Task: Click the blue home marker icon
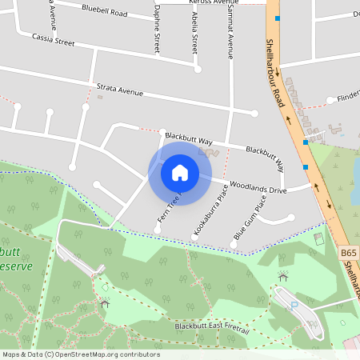pos(179,172)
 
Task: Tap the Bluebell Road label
pos(104,12)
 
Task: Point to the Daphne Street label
pos(157,30)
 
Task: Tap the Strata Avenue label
pos(119,89)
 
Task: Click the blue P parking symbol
pos(293,305)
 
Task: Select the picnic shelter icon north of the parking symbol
pos(282,276)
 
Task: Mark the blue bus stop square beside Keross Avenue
pos(278,18)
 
